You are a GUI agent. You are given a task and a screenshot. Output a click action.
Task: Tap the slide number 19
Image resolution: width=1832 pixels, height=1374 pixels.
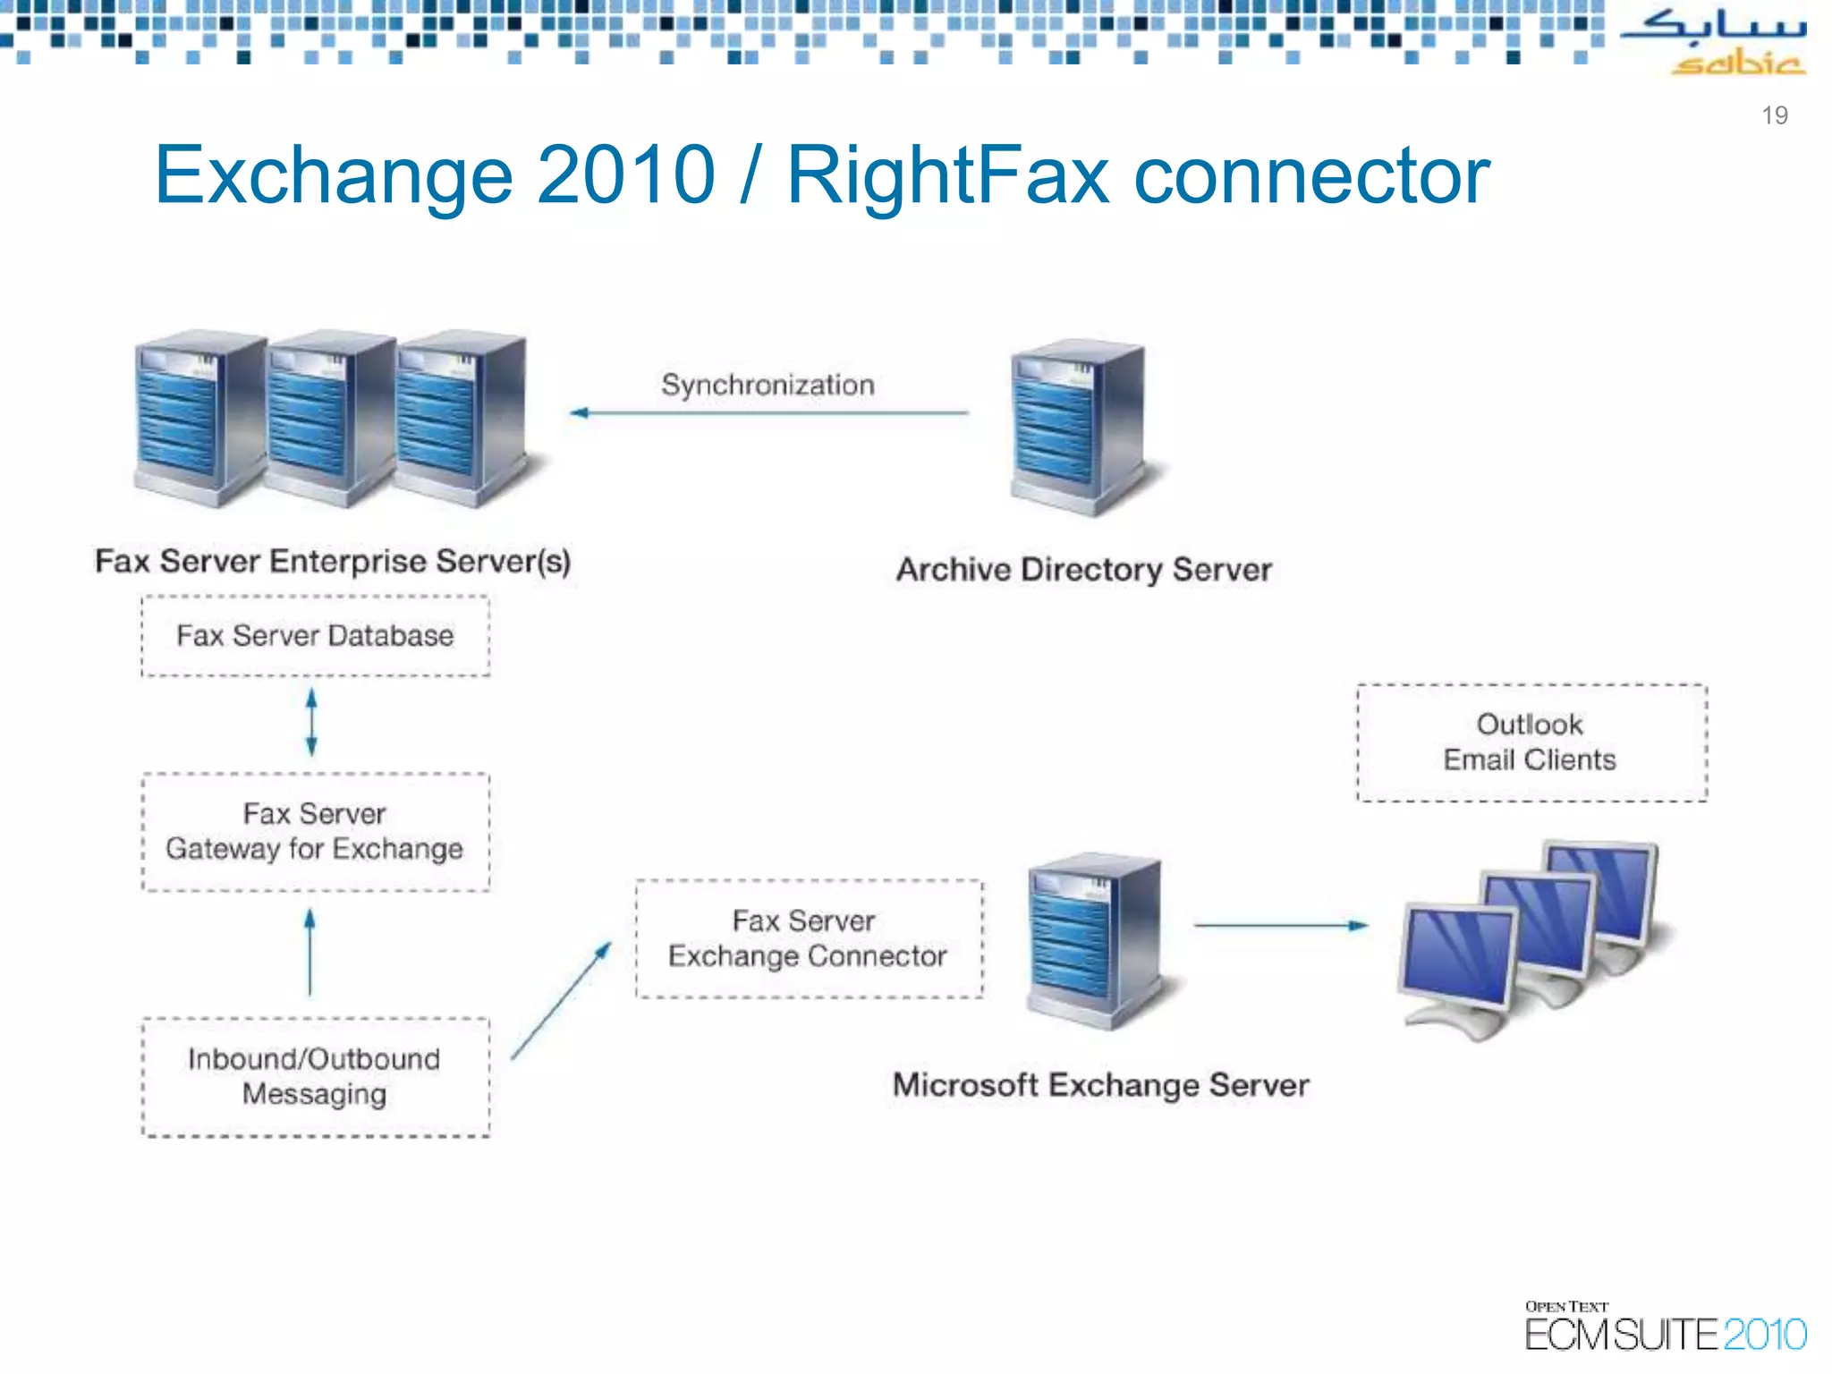1774,115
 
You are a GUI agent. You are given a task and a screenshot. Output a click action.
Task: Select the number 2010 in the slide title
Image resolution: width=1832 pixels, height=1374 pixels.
625,175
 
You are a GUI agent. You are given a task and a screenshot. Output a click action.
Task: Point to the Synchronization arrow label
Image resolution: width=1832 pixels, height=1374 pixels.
768,386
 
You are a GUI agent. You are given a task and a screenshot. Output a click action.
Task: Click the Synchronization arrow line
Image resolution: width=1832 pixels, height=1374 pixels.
769,413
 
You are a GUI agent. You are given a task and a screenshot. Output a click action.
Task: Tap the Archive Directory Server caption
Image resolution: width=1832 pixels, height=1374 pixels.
1083,570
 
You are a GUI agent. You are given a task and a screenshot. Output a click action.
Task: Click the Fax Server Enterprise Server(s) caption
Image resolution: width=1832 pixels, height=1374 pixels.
333,562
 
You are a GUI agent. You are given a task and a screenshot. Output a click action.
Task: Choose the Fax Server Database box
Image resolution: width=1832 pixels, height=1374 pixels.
315,636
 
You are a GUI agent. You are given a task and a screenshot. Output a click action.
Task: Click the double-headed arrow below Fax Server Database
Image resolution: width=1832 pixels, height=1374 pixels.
311,722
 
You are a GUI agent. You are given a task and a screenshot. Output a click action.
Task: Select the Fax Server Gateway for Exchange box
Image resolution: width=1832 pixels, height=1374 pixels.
315,832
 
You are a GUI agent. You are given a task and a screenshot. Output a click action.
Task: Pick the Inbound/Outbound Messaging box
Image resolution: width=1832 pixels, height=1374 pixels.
315,1077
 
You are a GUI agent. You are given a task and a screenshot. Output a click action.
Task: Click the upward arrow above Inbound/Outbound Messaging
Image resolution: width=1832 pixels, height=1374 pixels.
310,953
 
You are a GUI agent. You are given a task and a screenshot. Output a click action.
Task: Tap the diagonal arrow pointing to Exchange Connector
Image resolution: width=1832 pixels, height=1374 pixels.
561,1001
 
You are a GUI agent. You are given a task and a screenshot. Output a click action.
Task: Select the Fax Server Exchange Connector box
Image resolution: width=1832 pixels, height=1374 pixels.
809,938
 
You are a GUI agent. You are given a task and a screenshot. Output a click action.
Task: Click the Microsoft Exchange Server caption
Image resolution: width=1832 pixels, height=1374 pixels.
1100,1086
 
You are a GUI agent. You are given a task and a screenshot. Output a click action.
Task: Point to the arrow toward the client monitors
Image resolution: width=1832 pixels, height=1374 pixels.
1280,926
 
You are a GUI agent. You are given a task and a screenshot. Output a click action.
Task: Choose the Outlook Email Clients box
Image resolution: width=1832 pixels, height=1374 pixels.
1531,742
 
